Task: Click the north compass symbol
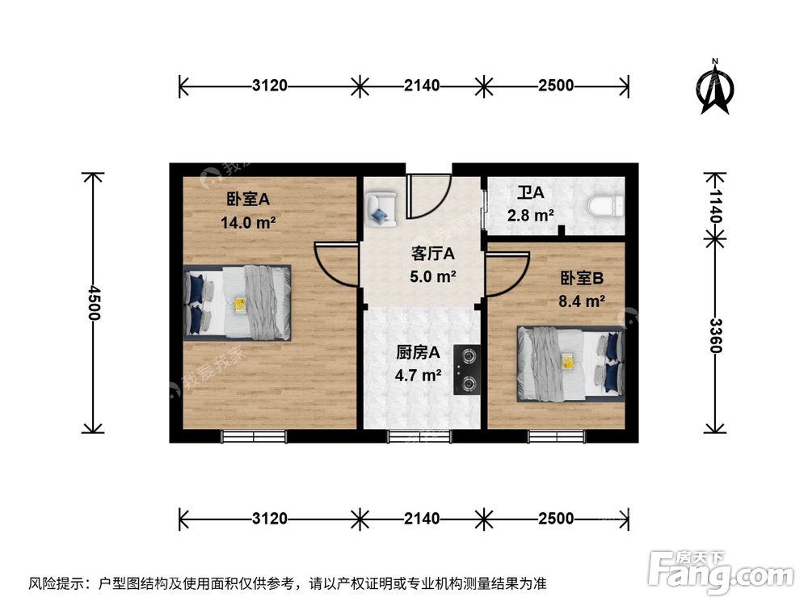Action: tap(715, 87)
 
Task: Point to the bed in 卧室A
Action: tap(237, 302)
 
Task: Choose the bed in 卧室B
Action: tap(571, 364)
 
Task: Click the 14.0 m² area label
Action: tap(248, 222)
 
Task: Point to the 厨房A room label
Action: tap(418, 352)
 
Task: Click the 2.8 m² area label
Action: tap(530, 216)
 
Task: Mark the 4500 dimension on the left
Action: tap(95, 303)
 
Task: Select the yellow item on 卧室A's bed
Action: tap(240, 304)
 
